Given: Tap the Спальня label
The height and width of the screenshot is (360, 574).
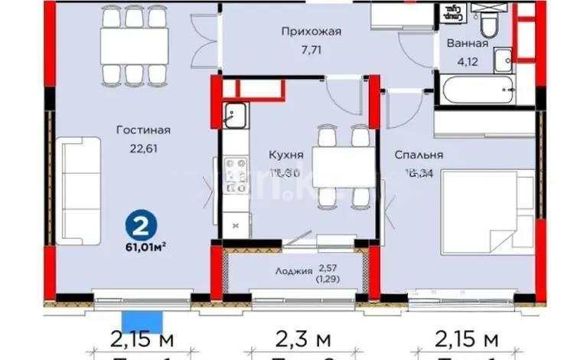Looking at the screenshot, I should pyautogui.click(x=419, y=155).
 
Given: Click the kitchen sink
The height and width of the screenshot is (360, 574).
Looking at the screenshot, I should pyautogui.click(x=233, y=118).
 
